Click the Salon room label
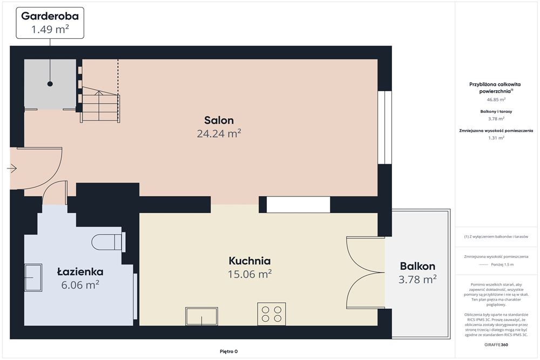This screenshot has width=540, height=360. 219,120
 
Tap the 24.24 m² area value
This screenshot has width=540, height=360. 219,133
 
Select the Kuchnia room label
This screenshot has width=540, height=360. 249,261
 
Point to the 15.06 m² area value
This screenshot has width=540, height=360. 249,274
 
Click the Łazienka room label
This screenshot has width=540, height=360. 80,271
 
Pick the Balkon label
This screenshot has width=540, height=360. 417,266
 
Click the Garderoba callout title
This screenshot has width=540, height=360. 50,16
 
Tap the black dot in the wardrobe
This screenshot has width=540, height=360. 50,84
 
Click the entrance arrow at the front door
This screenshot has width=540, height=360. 12,168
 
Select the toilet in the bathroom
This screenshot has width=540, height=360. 109,242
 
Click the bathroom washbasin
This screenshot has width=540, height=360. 33,277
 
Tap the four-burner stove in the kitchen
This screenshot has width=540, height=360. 272,314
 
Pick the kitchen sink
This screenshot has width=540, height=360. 201,316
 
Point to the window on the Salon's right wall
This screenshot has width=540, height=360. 384,127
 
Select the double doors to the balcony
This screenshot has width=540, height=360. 366,273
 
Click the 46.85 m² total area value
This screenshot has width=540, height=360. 496,99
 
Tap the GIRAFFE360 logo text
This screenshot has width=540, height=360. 496,344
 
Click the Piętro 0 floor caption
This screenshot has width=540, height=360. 228,351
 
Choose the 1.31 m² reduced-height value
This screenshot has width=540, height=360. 496,138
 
